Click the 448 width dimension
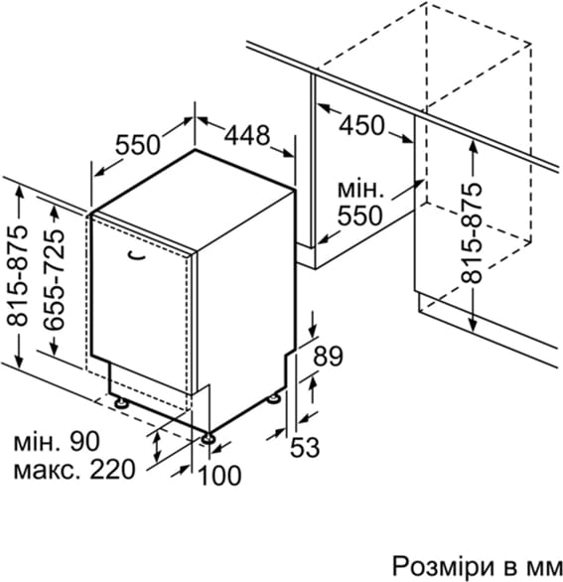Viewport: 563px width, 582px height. click(247, 135)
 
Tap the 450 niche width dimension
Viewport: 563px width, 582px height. click(361, 125)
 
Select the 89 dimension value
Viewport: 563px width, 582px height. click(328, 357)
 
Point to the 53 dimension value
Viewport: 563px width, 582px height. click(304, 447)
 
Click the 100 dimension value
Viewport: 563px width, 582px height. click(220, 476)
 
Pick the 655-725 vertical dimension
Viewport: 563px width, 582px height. click(55, 280)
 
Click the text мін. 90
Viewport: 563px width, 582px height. click(57, 441)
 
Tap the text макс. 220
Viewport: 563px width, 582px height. click(74, 470)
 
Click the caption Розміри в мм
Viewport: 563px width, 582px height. click(478, 567)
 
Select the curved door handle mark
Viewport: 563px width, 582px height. click(136, 255)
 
